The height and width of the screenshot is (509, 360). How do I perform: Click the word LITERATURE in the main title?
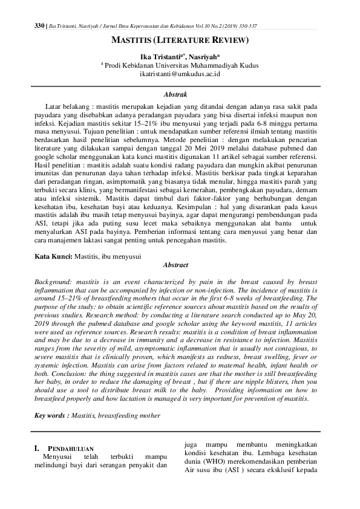[181, 41]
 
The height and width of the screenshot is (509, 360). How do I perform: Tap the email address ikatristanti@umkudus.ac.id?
[180, 74]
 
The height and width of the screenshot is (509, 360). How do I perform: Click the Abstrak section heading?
[180, 94]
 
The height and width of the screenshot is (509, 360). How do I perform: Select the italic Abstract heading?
[180, 265]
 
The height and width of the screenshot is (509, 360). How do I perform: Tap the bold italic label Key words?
[51, 416]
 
